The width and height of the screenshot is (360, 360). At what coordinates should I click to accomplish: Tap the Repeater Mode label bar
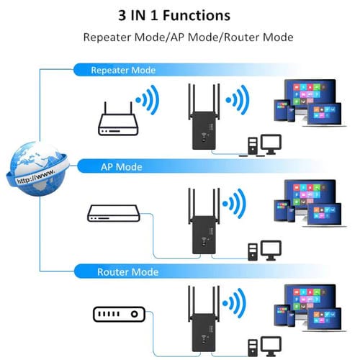coord(122,70)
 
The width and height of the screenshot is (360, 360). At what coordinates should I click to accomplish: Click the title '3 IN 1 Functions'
coord(179,14)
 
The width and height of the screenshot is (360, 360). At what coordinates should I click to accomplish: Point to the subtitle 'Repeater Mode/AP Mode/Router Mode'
coord(179,37)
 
